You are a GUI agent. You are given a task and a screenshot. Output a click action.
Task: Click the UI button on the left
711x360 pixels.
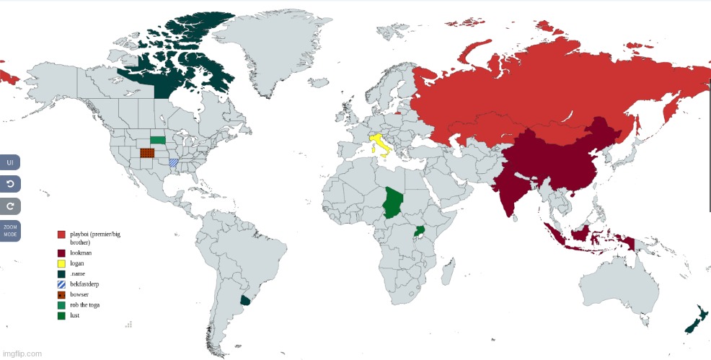(x=10, y=162)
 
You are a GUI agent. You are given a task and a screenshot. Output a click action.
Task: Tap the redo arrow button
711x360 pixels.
(x=10, y=206)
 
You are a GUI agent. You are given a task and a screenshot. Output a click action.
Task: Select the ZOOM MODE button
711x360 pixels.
(x=10, y=231)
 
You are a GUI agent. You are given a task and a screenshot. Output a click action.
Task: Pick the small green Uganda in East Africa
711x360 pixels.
(x=418, y=232)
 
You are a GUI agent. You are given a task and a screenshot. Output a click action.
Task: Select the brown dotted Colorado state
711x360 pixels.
(x=147, y=153)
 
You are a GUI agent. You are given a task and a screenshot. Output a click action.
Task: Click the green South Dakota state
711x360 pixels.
(x=157, y=139)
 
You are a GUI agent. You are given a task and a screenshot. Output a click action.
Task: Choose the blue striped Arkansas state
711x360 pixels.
(x=174, y=162)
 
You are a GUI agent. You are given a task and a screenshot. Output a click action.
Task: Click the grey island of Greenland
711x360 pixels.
(x=267, y=51)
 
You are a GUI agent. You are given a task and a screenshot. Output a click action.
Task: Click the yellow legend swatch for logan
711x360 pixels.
(x=61, y=263)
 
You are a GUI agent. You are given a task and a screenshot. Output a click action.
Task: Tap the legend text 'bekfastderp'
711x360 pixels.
(x=85, y=284)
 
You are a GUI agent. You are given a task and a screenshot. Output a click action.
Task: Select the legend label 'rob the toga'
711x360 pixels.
(x=85, y=305)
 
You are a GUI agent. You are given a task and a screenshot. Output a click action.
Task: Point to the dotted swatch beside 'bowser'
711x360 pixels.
(x=61, y=294)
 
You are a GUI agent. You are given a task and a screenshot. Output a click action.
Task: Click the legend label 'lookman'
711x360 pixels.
(x=81, y=253)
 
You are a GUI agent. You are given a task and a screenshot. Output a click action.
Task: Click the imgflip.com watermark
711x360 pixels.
(x=22, y=354)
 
